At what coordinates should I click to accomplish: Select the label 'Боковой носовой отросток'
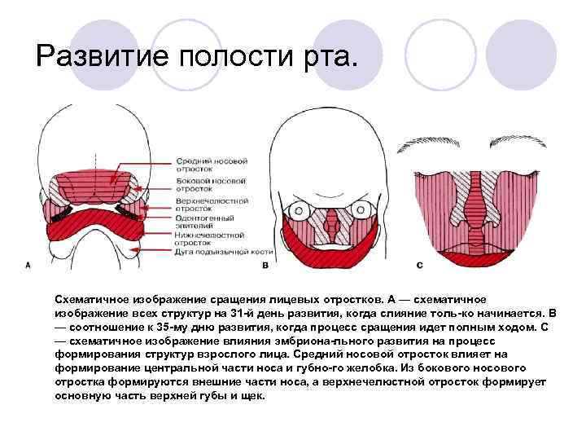click(x=204, y=184)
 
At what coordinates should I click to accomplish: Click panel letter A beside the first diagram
click(x=28, y=265)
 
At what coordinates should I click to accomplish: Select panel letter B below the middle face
click(x=265, y=266)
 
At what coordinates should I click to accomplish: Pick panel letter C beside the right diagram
click(x=419, y=265)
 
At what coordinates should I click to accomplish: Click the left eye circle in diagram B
click(x=299, y=210)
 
